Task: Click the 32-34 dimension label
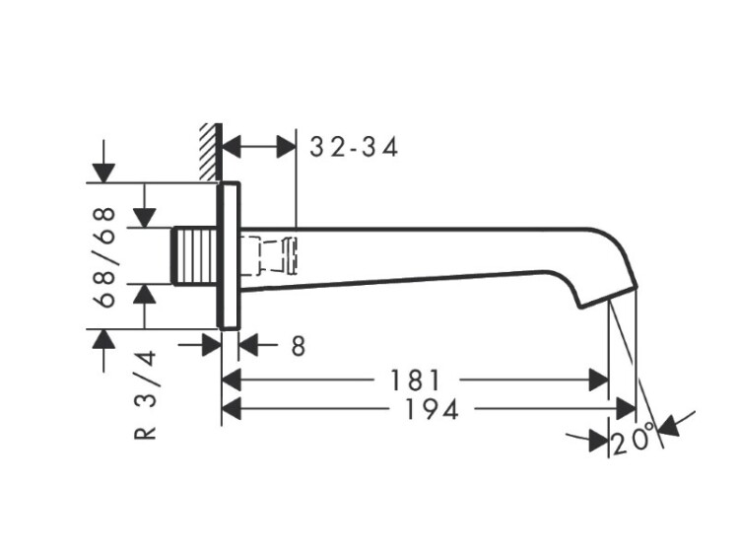pyautogui.click(x=354, y=148)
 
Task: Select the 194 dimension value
pyautogui.click(x=431, y=409)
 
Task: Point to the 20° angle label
pyautogui.click(x=632, y=440)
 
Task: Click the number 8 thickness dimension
pyautogui.click(x=299, y=346)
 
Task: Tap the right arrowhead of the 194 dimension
pyautogui.click(x=626, y=407)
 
